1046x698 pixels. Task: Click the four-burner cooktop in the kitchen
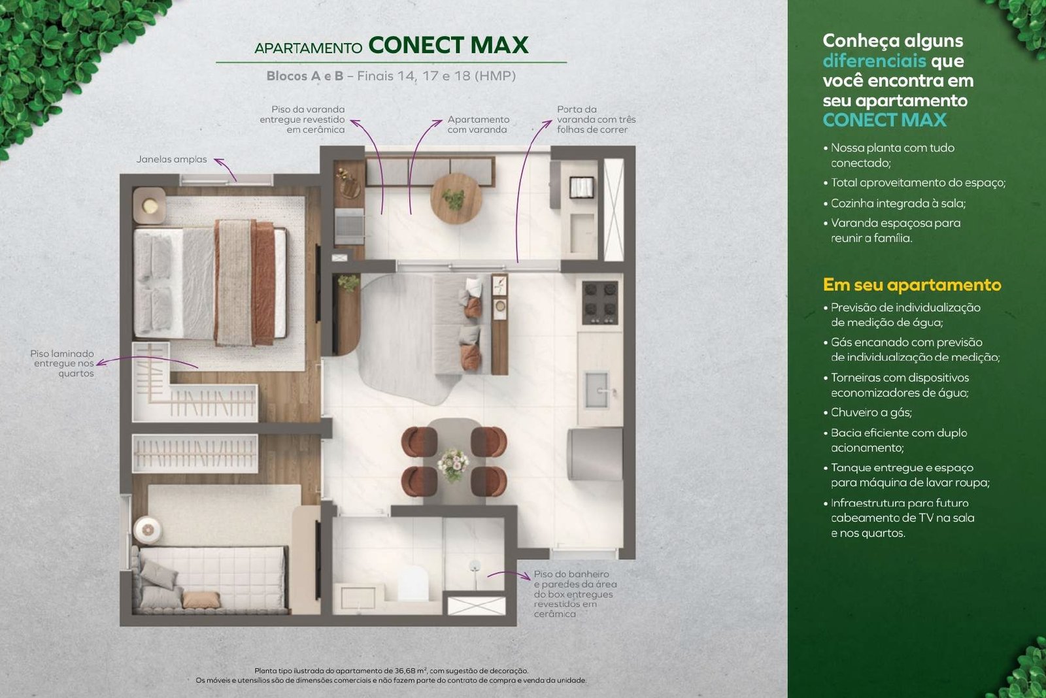[x=600, y=303]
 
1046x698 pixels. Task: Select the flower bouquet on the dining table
[x=453, y=465]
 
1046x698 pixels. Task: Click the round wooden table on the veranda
[x=456, y=199]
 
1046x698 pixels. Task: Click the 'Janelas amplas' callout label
[x=171, y=159]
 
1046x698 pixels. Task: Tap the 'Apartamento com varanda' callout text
[x=478, y=125]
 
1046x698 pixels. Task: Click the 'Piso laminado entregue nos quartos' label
[x=63, y=363]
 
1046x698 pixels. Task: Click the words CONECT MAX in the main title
[x=448, y=45]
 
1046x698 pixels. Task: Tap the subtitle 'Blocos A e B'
[x=305, y=76]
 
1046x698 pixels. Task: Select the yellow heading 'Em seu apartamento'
[x=912, y=284]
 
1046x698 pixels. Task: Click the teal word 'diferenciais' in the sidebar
[x=874, y=61]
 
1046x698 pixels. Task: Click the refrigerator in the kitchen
[x=594, y=454]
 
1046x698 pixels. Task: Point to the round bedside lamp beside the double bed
[x=150, y=205]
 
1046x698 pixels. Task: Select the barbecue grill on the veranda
[x=349, y=226]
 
